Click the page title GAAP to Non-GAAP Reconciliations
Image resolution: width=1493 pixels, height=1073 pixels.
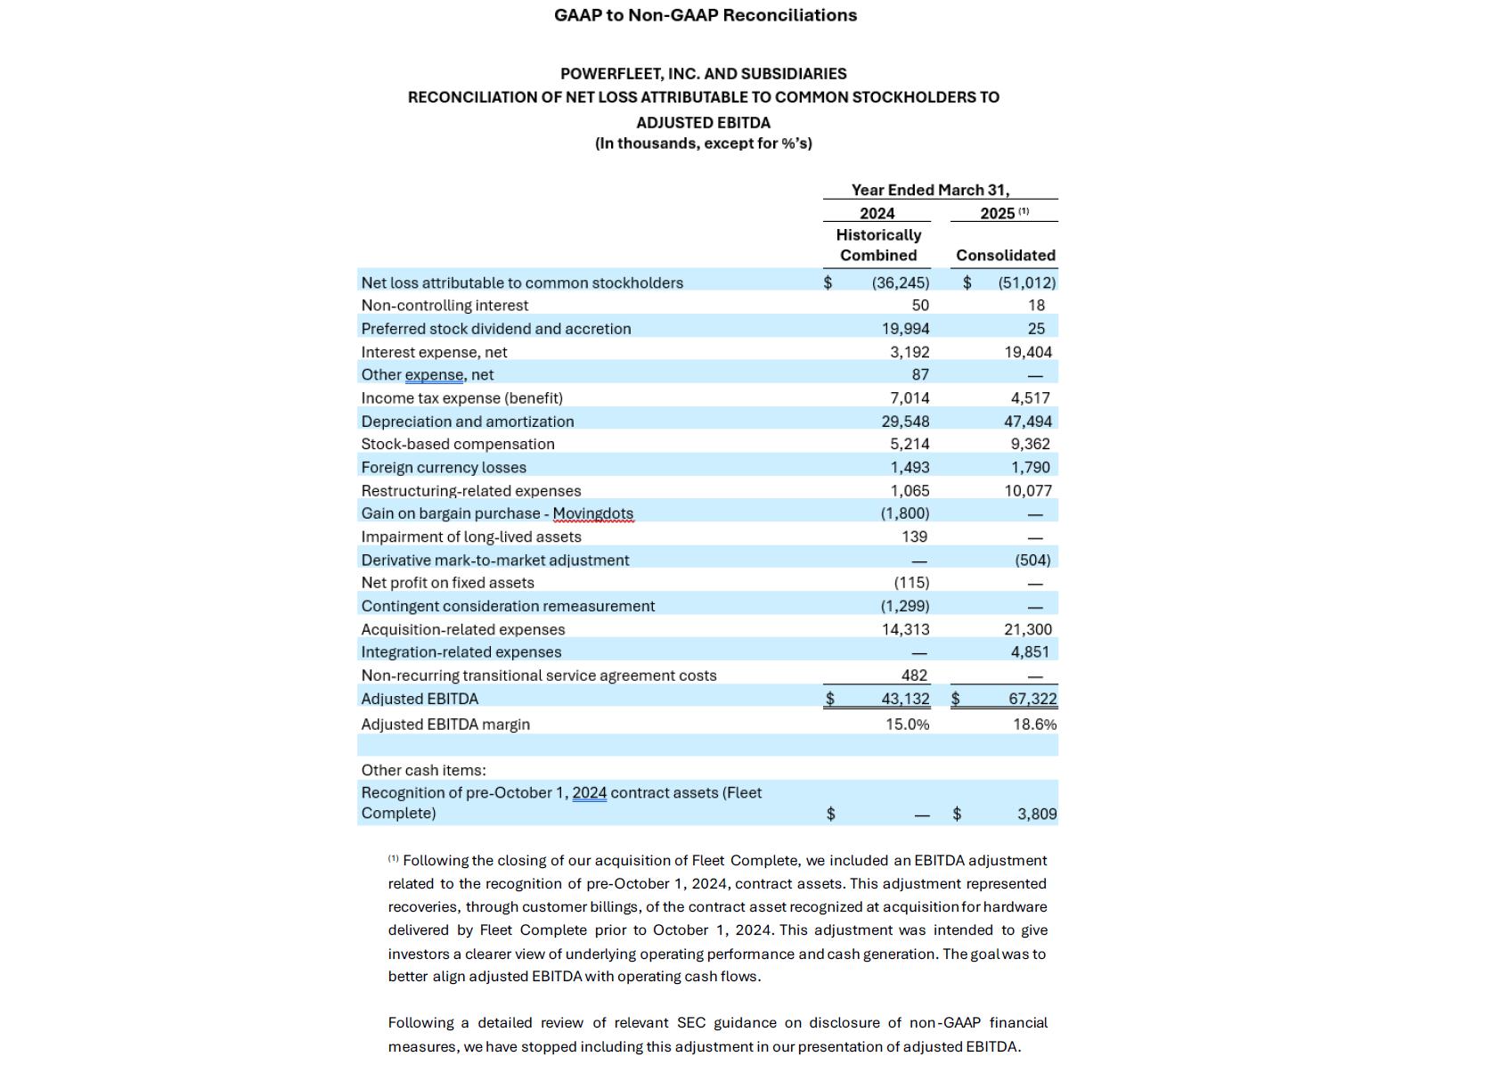(x=705, y=15)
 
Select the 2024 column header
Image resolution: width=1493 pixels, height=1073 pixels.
(x=877, y=213)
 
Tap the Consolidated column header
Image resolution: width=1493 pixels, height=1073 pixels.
(x=1006, y=255)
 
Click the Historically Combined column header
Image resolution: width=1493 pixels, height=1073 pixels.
(x=878, y=245)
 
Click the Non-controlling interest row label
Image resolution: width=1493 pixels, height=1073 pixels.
(x=445, y=305)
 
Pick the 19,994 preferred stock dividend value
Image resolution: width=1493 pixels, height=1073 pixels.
(x=905, y=329)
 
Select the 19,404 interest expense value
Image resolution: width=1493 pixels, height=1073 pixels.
(x=1028, y=352)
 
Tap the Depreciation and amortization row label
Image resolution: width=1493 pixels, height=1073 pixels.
(x=467, y=422)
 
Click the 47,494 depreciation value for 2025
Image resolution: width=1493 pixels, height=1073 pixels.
(x=1028, y=422)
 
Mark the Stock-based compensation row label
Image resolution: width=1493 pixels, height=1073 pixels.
(x=457, y=444)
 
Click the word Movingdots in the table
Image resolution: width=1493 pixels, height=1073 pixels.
(x=592, y=513)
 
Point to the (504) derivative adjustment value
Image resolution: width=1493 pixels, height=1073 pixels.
(x=1032, y=560)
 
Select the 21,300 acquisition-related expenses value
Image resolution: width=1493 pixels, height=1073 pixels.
(x=1028, y=629)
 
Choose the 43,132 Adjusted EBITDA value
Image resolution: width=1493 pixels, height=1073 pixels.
(x=905, y=699)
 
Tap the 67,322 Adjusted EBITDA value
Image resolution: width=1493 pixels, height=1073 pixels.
(x=1032, y=699)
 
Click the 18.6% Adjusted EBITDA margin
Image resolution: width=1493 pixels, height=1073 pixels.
(x=1034, y=725)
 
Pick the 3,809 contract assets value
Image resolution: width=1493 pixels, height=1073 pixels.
(x=1037, y=814)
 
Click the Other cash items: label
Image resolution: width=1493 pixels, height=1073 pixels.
(x=423, y=770)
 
